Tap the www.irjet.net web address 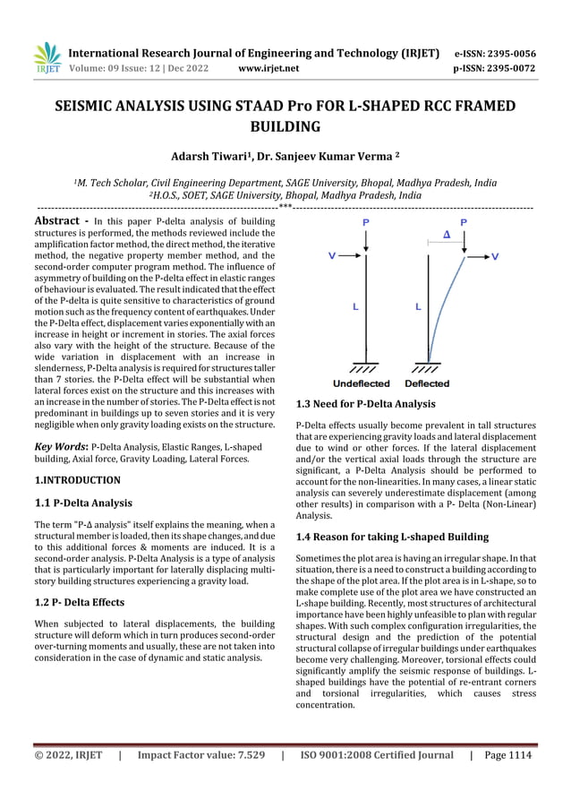pos(268,67)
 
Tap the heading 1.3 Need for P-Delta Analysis pos(365,404)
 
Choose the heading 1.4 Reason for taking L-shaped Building pos(391,537)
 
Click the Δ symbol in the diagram pos(447,236)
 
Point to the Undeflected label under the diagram pos(362,383)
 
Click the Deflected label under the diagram pos(428,383)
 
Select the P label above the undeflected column pos(365,221)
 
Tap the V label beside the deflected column pos(496,256)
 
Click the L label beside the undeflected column pos(355,307)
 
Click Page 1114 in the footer pos(507,755)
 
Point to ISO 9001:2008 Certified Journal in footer pos(377,755)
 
